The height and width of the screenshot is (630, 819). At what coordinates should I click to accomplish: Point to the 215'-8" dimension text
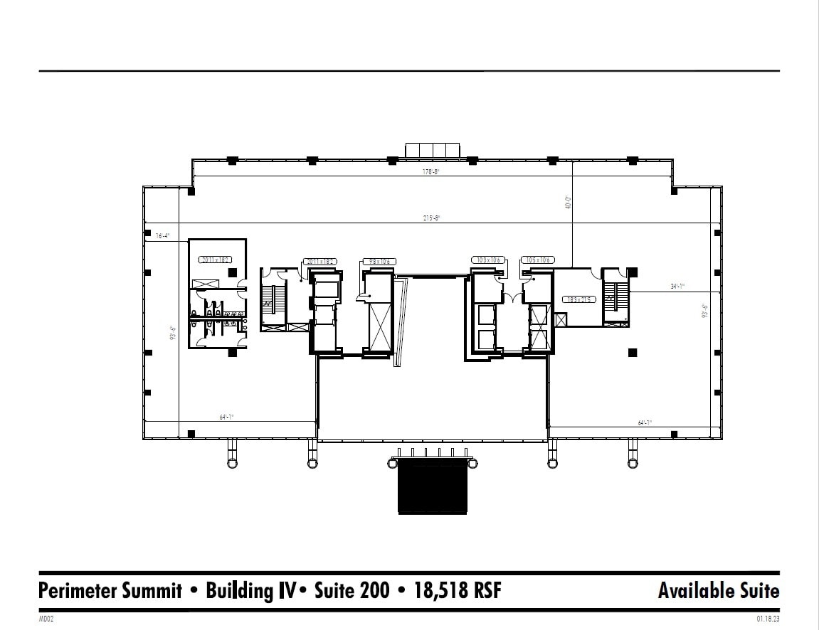pyautogui.click(x=432, y=218)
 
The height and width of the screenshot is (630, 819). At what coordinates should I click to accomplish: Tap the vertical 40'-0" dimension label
pyautogui.click(x=568, y=203)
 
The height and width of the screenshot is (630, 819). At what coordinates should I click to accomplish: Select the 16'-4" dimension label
pyautogui.click(x=162, y=236)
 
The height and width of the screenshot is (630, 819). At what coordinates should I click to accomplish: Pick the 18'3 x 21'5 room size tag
pyautogui.click(x=577, y=299)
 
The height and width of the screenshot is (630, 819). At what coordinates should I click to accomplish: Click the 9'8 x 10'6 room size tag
pyautogui.click(x=379, y=261)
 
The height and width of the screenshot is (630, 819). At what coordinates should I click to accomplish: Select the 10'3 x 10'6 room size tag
pyautogui.click(x=489, y=260)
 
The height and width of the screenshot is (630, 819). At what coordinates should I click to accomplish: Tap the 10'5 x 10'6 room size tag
pyautogui.click(x=537, y=260)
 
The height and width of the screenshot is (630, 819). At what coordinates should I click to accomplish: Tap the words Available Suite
pyautogui.click(x=718, y=591)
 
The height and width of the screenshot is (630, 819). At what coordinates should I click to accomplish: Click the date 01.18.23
pyautogui.click(x=768, y=619)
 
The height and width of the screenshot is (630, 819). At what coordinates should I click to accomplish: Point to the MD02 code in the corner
pyautogui.click(x=46, y=619)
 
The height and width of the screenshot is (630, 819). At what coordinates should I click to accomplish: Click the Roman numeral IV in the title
pyautogui.click(x=286, y=591)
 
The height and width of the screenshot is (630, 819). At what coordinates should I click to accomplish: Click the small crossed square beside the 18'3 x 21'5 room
pyautogui.click(x=561, y=320)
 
